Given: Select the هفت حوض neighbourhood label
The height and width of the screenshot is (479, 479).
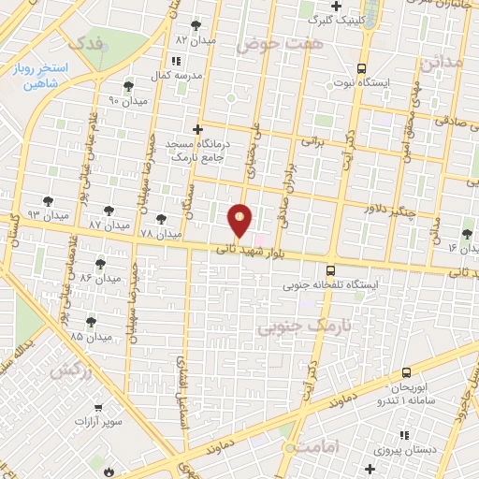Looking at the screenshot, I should pos(280,43).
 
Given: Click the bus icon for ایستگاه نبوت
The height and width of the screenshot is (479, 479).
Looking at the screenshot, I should pos(361,67).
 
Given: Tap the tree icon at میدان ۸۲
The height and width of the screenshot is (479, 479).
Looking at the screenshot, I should pos(196,25).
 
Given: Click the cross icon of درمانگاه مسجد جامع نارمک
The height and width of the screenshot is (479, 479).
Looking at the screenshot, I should pos(196,130).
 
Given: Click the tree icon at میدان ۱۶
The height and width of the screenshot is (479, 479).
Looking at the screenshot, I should pos(467,233).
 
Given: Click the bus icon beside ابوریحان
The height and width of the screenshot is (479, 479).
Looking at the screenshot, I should pos(406,373).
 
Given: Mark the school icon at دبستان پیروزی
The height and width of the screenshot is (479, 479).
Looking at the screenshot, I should pos(403,435).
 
